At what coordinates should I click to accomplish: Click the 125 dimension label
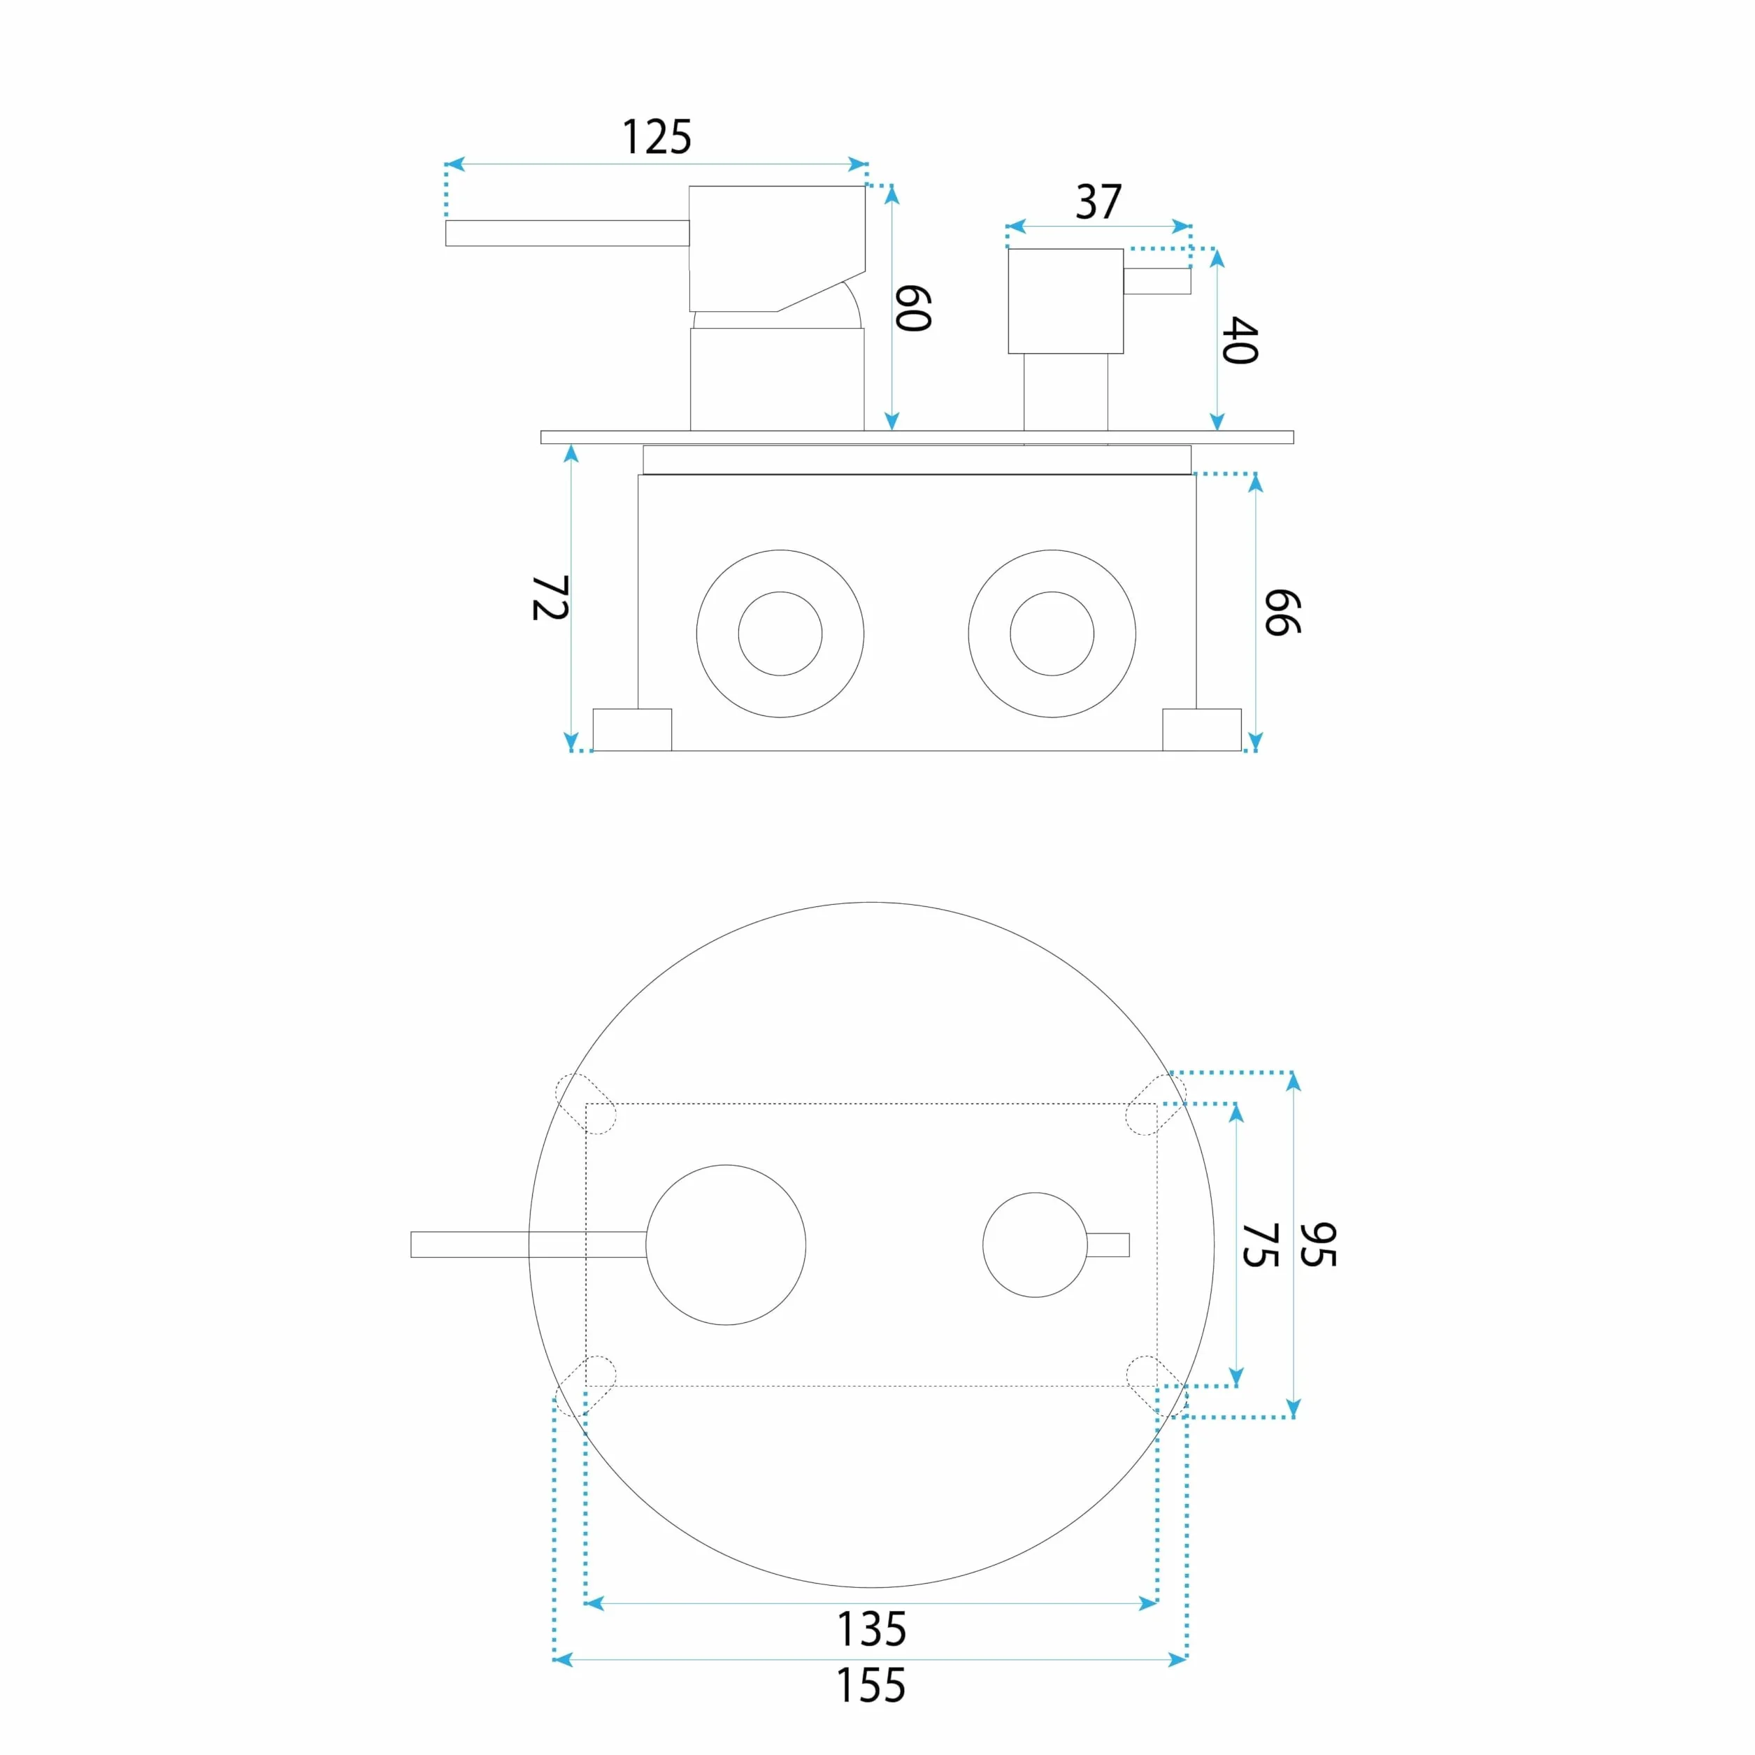pos(656,137)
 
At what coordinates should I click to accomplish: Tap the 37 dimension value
pos(1098,201)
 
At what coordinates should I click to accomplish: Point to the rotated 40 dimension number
pos(1240,341)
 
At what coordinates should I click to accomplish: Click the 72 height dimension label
pos(550,598)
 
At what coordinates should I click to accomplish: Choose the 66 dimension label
pos(1282,613)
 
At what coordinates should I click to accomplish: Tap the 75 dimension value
pos(1260,1245)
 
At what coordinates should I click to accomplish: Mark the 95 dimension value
pos(1318,1245)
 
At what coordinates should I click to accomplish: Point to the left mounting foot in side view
pos(632,729)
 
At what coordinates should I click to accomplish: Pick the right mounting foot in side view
pos(1202,729)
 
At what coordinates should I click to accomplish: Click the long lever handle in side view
pos(567,233)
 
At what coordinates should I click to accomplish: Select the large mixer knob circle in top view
pos(726,1165)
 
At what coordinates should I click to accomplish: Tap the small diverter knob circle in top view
pos(1036,1193)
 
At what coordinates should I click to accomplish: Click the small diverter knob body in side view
pos(1066,301)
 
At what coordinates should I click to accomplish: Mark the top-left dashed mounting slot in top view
pos(586,1103)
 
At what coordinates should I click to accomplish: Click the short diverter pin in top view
pos(1108,1245)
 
